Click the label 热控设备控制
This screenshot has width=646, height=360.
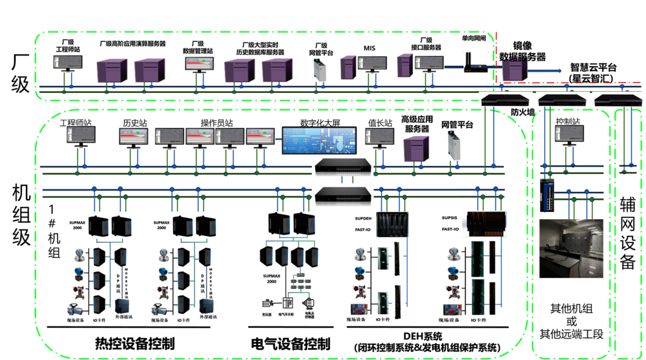[x=136, y=343]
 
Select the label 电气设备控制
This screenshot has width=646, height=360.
[x=290, y=343]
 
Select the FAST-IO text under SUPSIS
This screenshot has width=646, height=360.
[x=450, y=229]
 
